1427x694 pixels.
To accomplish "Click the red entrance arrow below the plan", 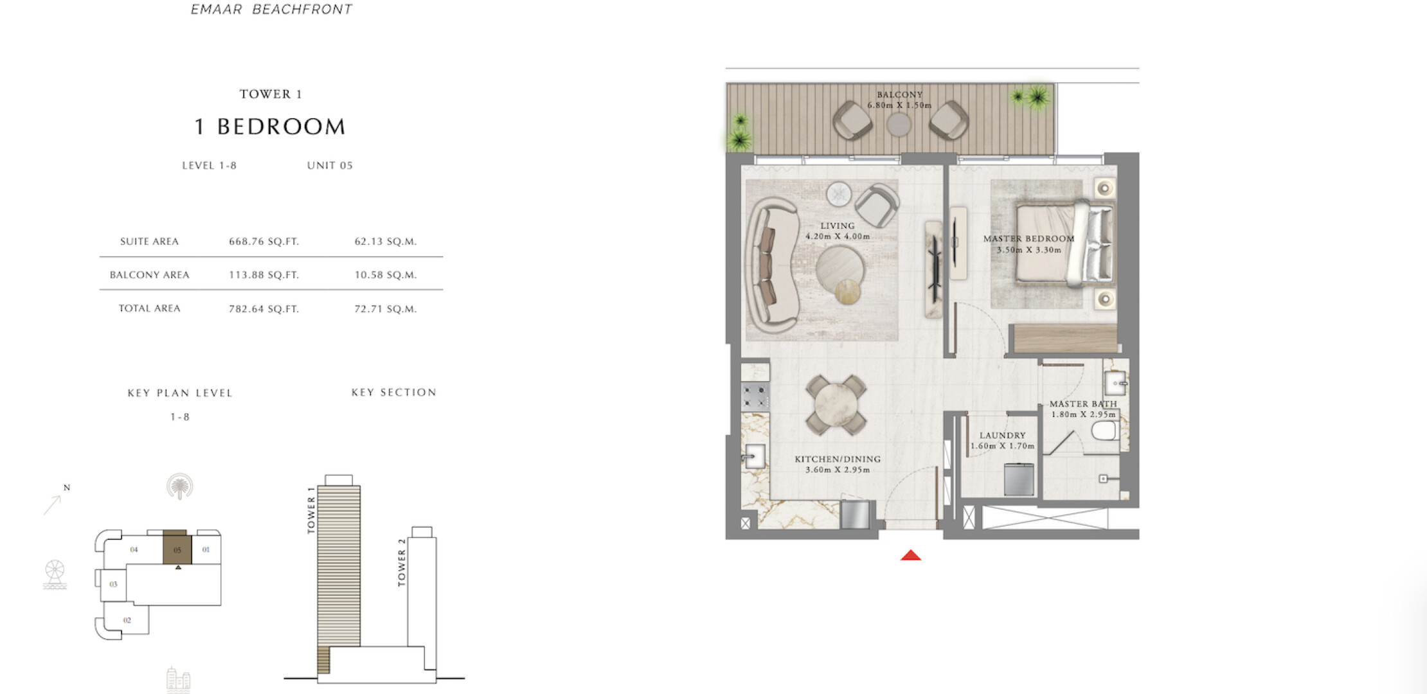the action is point(911,555).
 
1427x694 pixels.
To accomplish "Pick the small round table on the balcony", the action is point(899,124).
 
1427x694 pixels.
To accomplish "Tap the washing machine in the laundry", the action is point(1019,479).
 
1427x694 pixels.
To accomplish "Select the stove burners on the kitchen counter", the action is point(755,396).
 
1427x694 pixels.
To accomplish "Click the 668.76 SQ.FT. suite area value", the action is point(264,242).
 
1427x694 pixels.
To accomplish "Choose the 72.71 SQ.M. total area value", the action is point(386,309).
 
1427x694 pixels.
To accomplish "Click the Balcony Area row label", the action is point(149,275).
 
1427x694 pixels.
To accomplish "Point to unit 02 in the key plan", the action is point(127,620).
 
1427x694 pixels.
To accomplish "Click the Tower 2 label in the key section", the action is point(402,562).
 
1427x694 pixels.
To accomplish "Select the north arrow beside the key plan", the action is point(52,505).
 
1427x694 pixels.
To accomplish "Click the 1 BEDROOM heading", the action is point(270,127).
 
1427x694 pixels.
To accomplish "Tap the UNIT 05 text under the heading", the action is point(330,165).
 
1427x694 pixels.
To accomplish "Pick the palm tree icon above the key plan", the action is point(179,486).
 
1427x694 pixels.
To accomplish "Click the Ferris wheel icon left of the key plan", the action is point(55,574).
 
